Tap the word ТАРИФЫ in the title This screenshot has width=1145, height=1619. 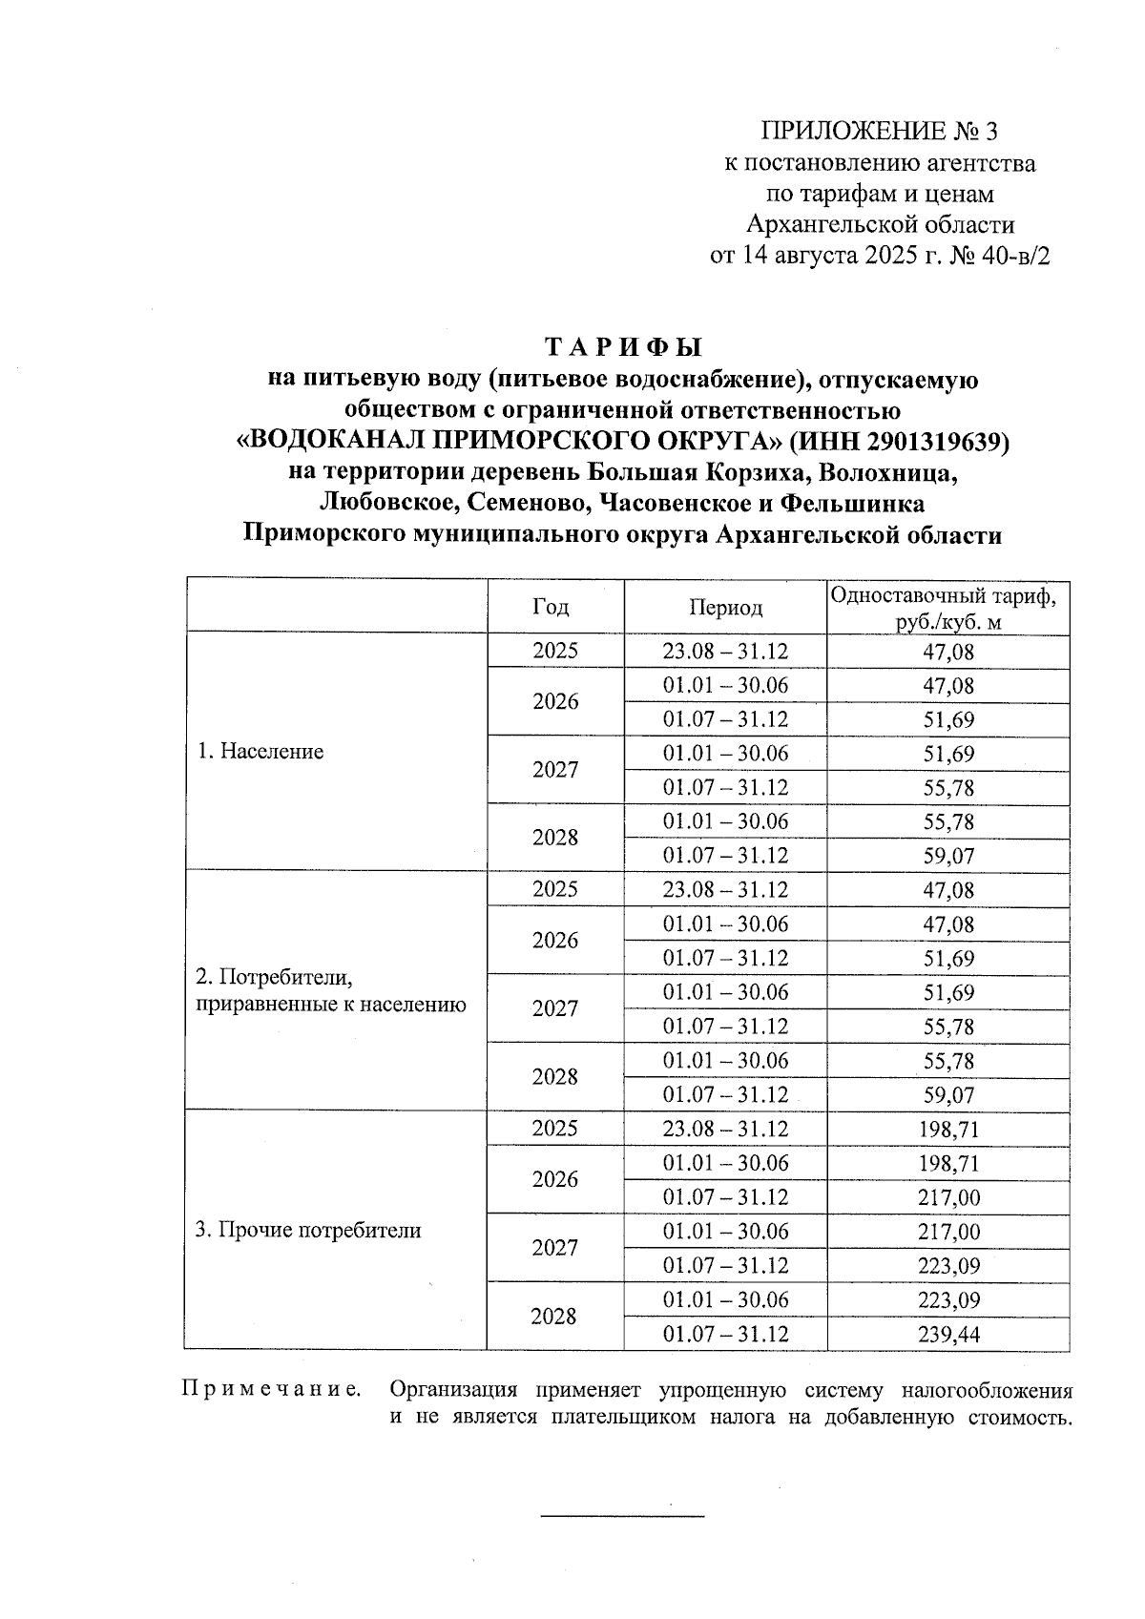tap(623, 346)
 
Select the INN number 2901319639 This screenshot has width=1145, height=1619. tap(923, 442)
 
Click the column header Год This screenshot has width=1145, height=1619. tap(551, 607)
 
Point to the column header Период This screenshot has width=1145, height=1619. tap(725, 608)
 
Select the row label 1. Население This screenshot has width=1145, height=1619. tap(260, 752)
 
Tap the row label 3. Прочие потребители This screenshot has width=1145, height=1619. tap(308, 1231)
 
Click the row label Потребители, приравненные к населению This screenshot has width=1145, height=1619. tap(330, 991)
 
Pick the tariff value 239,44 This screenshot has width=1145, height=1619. tap(947, 1335)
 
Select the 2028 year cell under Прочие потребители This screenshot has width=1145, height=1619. tap(553, 1318)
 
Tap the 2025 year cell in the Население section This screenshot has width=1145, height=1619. tap(554, 652)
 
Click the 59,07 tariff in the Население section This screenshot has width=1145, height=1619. tap(947, 857)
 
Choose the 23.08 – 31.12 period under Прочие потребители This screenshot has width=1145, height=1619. tap(725, 1130)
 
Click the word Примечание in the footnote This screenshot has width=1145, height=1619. tap(271, 1390)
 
